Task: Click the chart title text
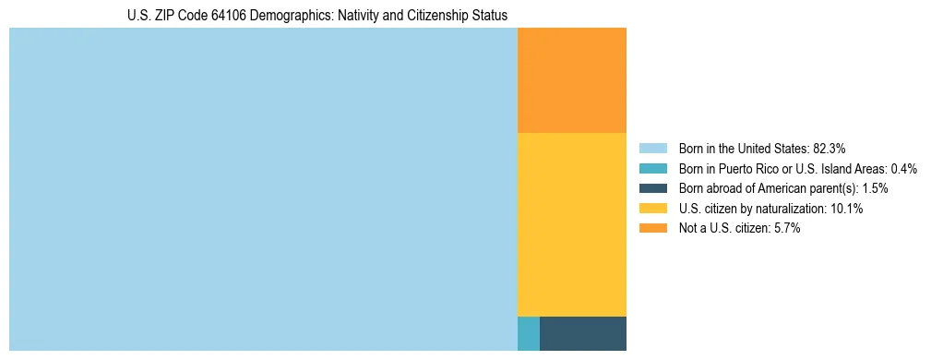point(317,16)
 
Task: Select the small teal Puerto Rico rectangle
point(528,333)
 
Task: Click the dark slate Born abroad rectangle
point(582,333)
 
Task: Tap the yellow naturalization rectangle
point(571,224)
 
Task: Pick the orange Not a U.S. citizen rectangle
point(571,80)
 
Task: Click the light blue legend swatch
point(652,148)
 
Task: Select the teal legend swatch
point(652,168)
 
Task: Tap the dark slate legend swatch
point(652,188)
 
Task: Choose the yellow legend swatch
point(652,209)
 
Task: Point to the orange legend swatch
point(652,229)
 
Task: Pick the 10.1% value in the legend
point(846,209)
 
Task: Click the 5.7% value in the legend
point(785,229)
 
